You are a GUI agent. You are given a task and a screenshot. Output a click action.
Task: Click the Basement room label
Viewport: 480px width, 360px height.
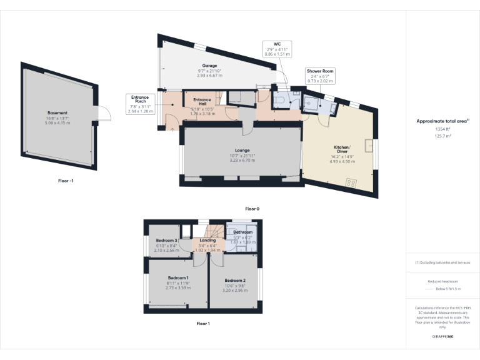click(x=57, y=113)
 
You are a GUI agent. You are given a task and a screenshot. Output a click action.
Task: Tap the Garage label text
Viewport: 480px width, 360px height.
click(x=209, y=66)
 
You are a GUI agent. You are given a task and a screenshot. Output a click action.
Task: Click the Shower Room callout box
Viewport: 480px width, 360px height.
click(x=319, y=76)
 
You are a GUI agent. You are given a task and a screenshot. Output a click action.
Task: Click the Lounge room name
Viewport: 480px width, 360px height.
click(x=242, y=150)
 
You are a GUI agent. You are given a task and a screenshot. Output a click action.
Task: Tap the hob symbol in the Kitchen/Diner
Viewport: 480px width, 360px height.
click(x=351, y=183)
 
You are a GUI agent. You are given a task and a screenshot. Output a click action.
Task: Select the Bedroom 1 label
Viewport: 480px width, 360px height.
click(x=178, y=277)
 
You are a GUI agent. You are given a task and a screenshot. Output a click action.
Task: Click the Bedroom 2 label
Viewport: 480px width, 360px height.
click(x=235, y=281)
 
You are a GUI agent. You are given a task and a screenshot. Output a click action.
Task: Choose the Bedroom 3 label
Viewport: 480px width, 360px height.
click(x=166, y=241)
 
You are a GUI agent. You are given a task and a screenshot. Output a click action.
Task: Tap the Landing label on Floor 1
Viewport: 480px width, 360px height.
click(x=207, y=241)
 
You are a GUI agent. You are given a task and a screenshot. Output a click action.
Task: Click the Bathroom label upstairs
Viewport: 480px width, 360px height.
click(x=242, y=232)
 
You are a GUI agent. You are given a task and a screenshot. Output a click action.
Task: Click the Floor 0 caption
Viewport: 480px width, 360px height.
click(x=252, y=209)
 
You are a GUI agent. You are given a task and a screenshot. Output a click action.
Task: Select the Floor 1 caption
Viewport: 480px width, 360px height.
click(x=203, y=324)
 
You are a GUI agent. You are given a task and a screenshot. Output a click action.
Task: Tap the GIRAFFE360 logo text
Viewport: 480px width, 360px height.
click(x=442, y=337)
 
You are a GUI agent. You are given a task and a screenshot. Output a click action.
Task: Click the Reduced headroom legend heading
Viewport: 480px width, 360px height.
click(x=442, y=282)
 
